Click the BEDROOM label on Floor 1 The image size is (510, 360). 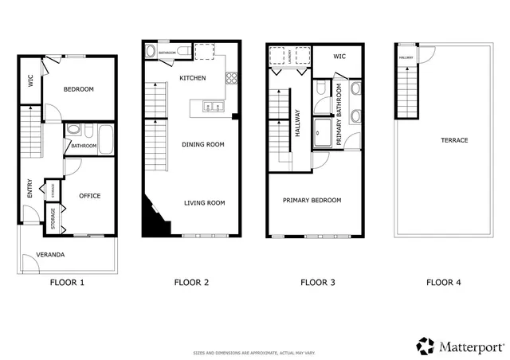click(x=80, y=89)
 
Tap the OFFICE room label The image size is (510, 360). click(x=89, y=196)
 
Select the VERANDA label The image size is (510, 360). click(x=49, y=255)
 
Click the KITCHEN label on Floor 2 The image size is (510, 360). click(x=193, y=78)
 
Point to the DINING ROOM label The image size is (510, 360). click(x=204, y=145)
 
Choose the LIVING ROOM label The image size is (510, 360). click(x=204, y=203)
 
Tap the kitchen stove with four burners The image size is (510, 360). click(x=233, y=78)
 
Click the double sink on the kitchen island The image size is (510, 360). click(x=211, y=106)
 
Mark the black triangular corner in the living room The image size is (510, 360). click(x=152, y=221)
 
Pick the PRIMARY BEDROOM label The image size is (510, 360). click(x=312, y=200)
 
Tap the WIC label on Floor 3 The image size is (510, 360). click(x=339, y=57)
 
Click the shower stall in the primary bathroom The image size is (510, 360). click(x=324, y=133)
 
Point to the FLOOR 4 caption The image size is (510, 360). click(x=443, y=282)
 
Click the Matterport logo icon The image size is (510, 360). click(x=426, y=346)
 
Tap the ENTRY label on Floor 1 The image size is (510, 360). click(x=30, y=188)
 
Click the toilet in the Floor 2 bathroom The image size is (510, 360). click(x=183, y=52)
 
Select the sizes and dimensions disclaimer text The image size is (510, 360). click(x=254, y=352)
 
